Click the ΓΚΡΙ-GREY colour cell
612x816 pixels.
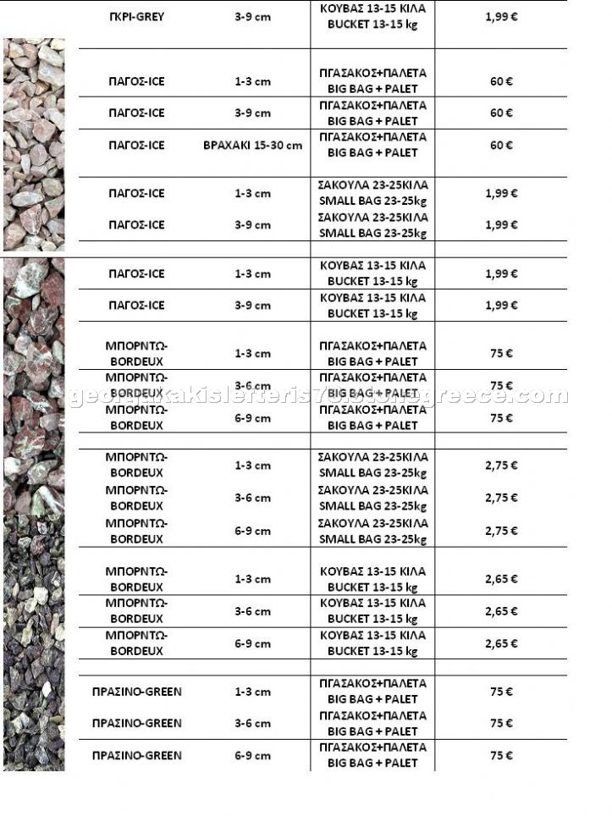(x=137, y=16)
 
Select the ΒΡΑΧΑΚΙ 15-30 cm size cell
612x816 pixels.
(x=252, y=145)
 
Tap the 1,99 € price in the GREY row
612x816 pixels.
(x=501, y=16)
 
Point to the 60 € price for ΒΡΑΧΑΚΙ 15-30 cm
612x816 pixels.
(x=501, y=145)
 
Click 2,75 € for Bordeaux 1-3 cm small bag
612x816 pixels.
(x=501, y=466)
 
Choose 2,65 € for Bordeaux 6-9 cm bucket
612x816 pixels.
(x=501, y=643)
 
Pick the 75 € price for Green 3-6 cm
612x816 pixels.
(x=501, y=723)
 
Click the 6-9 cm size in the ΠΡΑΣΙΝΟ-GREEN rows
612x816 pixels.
(x=252, y=755)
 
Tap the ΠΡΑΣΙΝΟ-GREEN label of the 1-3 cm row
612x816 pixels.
(x=137, y=692)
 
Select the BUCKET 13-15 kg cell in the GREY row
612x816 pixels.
(x=372, y=16)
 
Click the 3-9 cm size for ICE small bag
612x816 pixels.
(x=252, y=224)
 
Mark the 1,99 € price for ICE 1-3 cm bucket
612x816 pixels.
(x=501, y=273)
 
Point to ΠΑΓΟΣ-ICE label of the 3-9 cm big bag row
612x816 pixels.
(x=137, y=113)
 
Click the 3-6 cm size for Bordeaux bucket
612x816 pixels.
(x=252, y=611)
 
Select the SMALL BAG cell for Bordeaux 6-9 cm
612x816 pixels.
(x=372, y=531)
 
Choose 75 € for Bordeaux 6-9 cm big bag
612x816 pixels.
(x=501, y=417)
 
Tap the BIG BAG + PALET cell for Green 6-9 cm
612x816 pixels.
(x=372, y=755)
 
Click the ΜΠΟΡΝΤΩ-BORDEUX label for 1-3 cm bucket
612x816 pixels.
(x=137, y=579)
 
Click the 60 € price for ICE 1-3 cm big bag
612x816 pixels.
(x=501, y=81)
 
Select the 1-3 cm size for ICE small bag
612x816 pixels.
(x=252, y=193)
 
